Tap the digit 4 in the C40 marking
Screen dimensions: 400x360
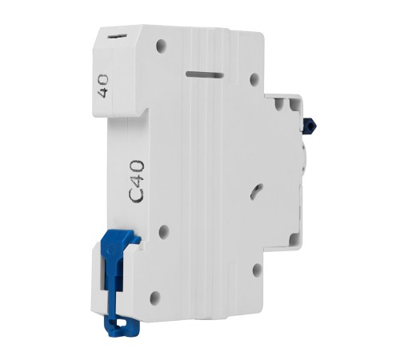point(137,181)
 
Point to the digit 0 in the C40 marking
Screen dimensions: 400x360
point(137,166)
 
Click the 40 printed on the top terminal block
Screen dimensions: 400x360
point(103,86)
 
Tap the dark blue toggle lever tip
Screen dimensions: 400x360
point(310,123)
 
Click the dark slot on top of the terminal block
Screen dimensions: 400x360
point(117,36)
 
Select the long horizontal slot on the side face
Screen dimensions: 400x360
point(205,74)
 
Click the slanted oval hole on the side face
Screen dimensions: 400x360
point(256,191)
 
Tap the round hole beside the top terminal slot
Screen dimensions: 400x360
point(162,44)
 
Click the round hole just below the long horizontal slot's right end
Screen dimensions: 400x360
point(255,78)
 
